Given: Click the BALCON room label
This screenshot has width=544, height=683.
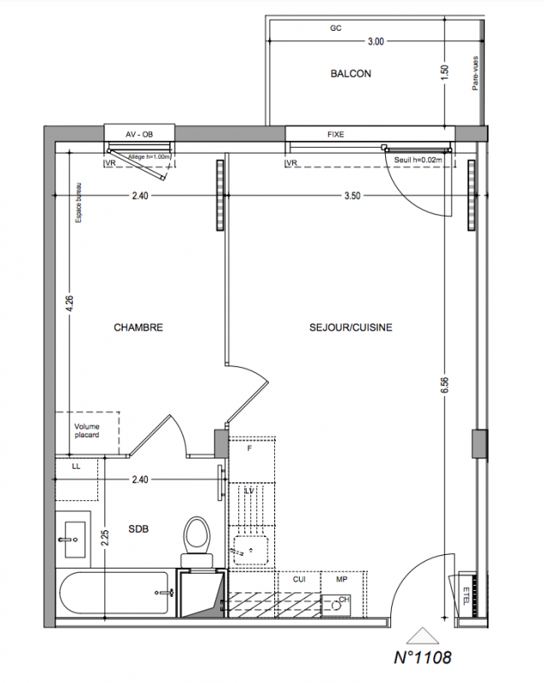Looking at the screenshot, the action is click(351, 73).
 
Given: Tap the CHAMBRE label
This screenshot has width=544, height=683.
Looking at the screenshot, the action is click(138, 328).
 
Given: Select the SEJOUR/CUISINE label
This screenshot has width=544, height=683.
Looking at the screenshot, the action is click(351, 328).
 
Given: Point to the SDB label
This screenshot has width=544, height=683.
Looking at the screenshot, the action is click(138, 528).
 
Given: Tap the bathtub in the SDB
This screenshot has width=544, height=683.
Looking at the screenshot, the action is click(115, 593).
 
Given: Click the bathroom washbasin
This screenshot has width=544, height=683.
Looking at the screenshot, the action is click(73, 540).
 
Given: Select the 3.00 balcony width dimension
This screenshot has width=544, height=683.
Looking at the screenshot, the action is click(376, 41).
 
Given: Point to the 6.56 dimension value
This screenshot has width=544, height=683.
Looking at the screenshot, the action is click(444, 386).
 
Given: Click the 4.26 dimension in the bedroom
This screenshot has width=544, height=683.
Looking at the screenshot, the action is click(70, 304).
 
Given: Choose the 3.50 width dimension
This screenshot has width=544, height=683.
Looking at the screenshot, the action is click(353, 196).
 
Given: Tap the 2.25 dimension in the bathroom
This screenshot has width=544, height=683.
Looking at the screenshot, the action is click(104, 539).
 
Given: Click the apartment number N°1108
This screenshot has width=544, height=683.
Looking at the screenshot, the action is click(422, 657).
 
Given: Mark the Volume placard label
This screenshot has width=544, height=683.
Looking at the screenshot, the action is click(86, 430).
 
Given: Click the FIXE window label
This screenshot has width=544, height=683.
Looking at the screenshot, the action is click(336, 135).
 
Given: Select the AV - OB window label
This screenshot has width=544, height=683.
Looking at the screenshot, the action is click(139, 135).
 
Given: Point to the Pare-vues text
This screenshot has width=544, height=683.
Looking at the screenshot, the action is click(475, 73).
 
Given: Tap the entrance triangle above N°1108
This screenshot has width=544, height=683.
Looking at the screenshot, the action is click(422, 635).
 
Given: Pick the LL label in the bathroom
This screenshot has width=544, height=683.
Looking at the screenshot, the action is click(76, 466).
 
